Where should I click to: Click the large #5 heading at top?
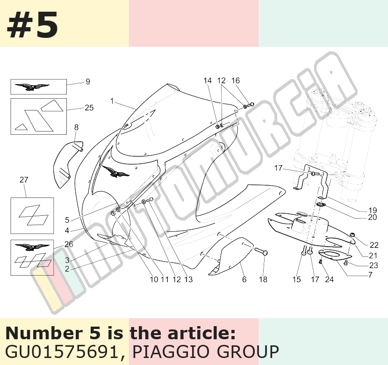tap(32, 25)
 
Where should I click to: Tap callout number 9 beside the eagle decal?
tap(88, 81)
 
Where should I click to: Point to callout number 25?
tap(89, 108)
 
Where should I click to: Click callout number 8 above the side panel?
tap(76, 127)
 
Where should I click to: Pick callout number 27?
tap(24, 180)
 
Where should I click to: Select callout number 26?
tap(69, 244)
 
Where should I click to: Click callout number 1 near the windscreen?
tap(112, 101)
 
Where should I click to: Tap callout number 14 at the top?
tap(208, 80)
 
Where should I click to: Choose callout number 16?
tap(236, 80)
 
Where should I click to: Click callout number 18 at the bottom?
tap(263, 279)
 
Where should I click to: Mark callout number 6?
tap(244, 279)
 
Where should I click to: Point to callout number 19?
tap(373, 210)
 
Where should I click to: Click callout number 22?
tap(374, 245)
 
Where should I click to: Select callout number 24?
tap(330, 279)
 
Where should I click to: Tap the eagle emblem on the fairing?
tap(115, 172)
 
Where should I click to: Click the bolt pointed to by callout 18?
tap(260, 251)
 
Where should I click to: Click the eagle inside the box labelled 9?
tap(32, 87)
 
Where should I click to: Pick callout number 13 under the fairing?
tap(188, 279)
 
